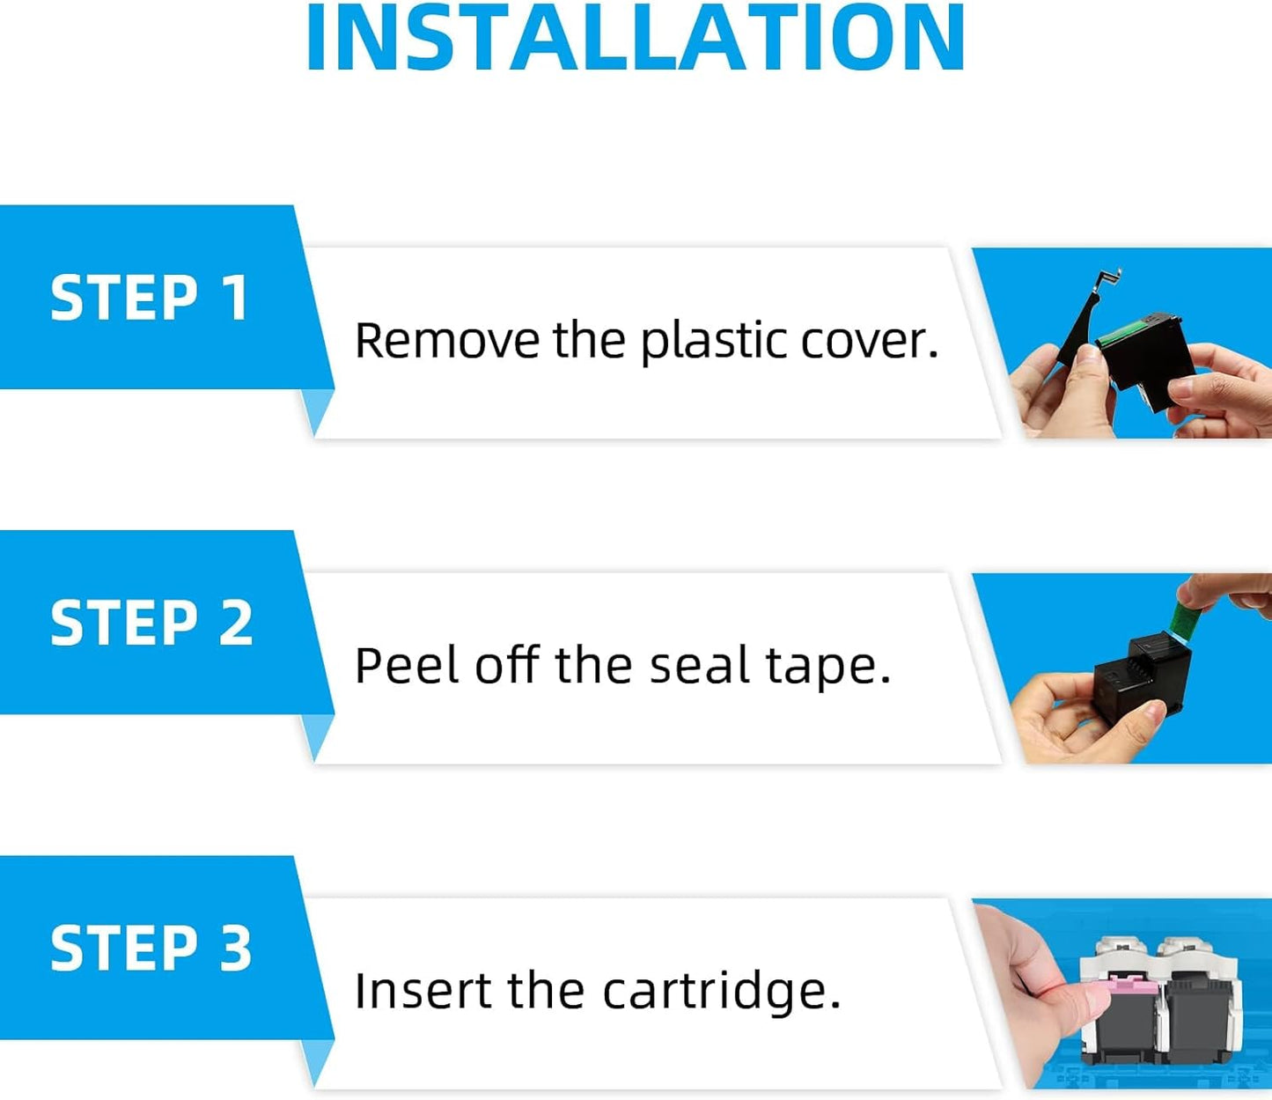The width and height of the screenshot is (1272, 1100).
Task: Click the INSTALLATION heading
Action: coord(635,37)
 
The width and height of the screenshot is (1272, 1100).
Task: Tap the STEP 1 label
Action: coord(150,298)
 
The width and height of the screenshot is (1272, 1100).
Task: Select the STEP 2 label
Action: coord(151,623)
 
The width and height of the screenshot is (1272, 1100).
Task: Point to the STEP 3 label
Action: coord(151,949)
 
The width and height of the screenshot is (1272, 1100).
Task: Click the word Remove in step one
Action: coord(447,340)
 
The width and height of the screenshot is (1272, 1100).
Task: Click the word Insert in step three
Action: coord(424,991)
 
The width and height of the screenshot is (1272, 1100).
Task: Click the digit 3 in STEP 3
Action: coord(235,949)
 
